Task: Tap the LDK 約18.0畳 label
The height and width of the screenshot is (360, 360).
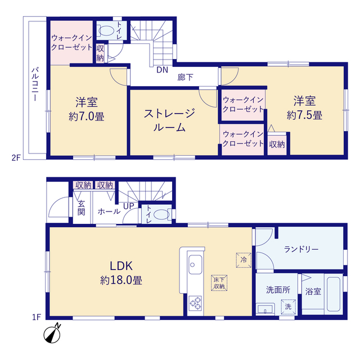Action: (121, 273)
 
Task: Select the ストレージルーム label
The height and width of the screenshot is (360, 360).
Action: (169, 120)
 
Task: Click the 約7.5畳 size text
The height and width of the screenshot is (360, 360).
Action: (304, 115)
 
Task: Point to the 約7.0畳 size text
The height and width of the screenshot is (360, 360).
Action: (87, 116)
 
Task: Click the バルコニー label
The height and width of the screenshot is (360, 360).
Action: (35, 84)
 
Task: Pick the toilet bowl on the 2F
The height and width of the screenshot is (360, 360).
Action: (106, 30)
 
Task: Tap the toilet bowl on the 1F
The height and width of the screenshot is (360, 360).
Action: (162, 215)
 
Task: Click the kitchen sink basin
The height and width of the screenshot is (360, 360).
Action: (195, 265)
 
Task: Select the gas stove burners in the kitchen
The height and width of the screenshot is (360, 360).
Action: (195, 303)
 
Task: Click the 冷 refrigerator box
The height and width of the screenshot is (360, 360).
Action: (244, 260)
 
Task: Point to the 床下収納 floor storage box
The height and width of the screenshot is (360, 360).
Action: (219, 283)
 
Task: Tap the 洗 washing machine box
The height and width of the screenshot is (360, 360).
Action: (288, 307)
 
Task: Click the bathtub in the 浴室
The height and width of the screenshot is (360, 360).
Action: (334, 294)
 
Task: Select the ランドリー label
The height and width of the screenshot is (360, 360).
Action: (301, 249)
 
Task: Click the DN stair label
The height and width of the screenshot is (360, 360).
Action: (162, 70)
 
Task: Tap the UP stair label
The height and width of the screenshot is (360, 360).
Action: (129, 206)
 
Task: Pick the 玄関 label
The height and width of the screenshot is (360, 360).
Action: (81, 208)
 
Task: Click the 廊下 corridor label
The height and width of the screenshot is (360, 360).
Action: (185, 78)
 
